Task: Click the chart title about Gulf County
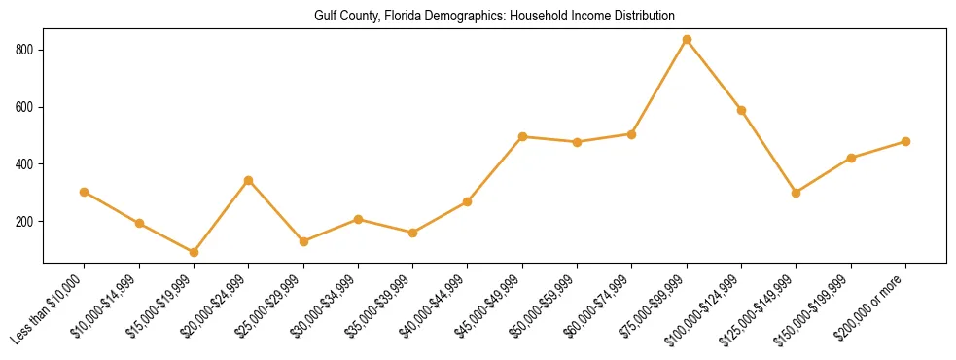point(494,17)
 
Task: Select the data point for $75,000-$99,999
point(687,40)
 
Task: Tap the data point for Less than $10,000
point(85,192)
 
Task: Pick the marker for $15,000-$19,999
point(195,252)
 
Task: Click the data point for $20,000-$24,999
point(249,180)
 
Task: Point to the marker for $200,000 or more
point(905,141)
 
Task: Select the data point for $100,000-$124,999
point(742,110)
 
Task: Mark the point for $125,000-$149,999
point(797,193)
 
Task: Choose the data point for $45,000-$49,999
point(523,136)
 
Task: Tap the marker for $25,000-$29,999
point(303,241)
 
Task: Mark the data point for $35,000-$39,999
point(413,233)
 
